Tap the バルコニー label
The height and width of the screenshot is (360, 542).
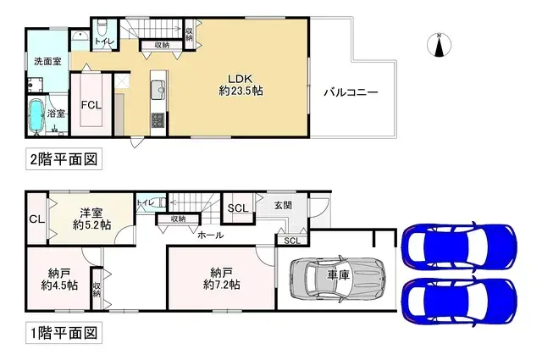pos(349,93)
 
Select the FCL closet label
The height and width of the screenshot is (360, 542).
pos(91,105)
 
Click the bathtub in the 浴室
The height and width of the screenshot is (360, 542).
pos(38,116)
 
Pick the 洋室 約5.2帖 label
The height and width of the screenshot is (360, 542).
pos(91,219)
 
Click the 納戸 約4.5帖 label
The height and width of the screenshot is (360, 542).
pos(59,279)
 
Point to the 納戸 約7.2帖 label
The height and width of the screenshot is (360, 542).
pos(221,279)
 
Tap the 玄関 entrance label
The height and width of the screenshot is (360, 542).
pos(284,204)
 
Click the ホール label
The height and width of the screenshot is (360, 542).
pos(210,235)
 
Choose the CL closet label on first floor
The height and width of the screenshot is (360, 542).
pos(36,219)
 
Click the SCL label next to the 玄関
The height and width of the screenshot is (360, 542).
pos(238,208)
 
